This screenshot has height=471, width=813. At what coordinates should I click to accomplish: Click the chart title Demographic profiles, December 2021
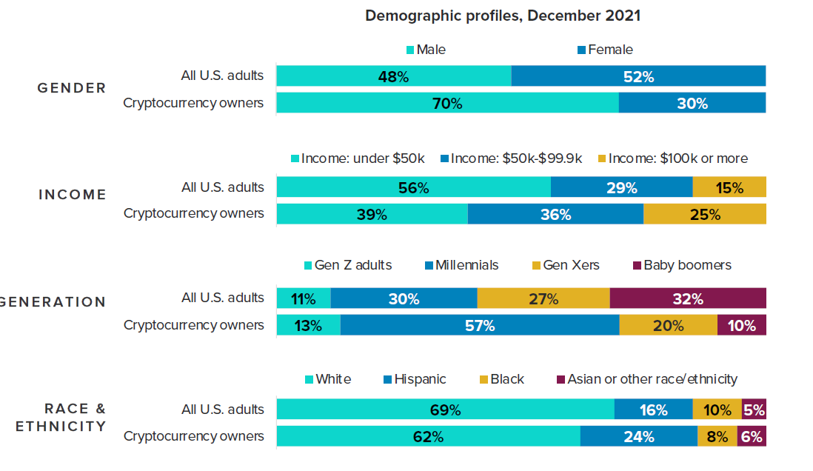[x=502, y=16]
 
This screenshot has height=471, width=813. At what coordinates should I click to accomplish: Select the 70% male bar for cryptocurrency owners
[x=447, y=104]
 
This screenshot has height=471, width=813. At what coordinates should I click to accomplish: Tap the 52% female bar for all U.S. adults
[x=638, y=76]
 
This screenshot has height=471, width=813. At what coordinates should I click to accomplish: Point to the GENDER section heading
[x=72, y=88]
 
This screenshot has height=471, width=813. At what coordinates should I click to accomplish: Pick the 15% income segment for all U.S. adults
[x=729, y=187]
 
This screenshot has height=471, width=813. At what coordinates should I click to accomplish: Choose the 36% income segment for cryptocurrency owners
[x=555, y=214]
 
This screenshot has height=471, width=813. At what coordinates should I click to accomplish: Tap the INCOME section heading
[x=73, y=195]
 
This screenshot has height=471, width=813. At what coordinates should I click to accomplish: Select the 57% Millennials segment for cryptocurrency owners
[x=480, y=325]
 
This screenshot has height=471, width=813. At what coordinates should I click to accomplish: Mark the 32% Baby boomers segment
[x=688, y=298]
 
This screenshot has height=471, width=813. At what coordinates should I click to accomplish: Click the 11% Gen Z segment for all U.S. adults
[x=304, y=298]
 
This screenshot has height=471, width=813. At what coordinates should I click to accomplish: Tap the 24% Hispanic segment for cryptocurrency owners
[x=638, y=436]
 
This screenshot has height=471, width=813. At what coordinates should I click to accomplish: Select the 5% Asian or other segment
[x=754, y=410]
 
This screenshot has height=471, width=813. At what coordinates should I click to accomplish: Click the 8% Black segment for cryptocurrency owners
[x=717, y=436]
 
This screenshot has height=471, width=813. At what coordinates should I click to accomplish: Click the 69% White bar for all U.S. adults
[x=445, y=410]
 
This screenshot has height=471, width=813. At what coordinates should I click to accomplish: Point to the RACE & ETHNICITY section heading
[x=61, y=418]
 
